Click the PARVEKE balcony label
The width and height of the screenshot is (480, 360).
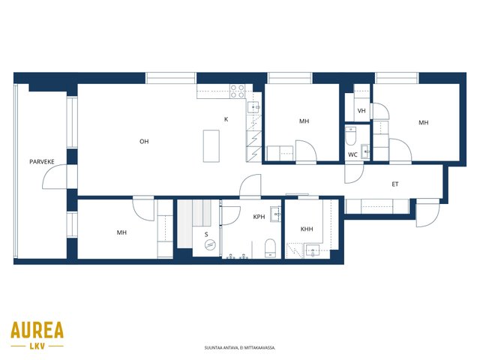(42, 162)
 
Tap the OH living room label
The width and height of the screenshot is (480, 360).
(144, 142)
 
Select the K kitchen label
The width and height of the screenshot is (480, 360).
(226, 119)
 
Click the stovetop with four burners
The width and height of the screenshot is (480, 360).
(238, 91)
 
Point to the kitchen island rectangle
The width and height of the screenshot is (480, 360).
(211, 146)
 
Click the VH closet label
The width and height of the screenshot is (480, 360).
(361, 111)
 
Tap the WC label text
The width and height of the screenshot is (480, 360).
(352, 155)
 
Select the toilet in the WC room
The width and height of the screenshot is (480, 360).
(351, 136)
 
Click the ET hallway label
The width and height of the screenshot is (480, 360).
(395, 184)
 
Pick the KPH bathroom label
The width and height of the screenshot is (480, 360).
(259, 217)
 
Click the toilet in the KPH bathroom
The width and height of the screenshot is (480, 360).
(270, 248)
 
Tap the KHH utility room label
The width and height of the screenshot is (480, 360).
(307, 229)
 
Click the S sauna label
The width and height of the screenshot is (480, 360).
(206, 235)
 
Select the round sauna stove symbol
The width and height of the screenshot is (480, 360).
(210, 244)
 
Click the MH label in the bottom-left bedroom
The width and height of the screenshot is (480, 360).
(121, 232)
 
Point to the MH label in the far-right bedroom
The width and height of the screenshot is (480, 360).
(424, 123)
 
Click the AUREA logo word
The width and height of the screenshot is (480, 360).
(37, 330)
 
